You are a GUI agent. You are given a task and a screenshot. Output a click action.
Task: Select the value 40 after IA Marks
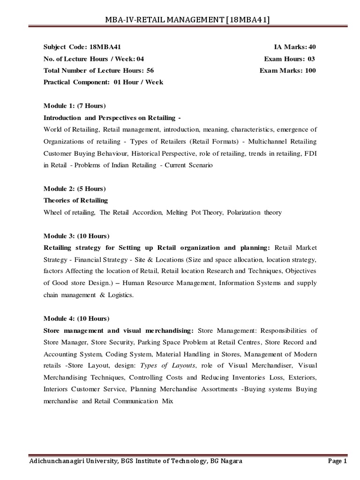click(311, 47)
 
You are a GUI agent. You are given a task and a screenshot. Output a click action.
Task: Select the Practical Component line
click(103, 82)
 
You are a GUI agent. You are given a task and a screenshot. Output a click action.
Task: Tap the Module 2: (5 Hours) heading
click(75, 189)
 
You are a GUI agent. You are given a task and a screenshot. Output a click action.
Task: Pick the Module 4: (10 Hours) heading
click(77, 307)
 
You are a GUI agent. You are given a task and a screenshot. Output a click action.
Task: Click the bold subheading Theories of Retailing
click(75, 200)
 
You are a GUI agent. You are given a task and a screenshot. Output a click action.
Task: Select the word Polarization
click(245, 212)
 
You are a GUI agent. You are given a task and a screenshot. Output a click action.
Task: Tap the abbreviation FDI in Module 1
click(309, 153)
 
